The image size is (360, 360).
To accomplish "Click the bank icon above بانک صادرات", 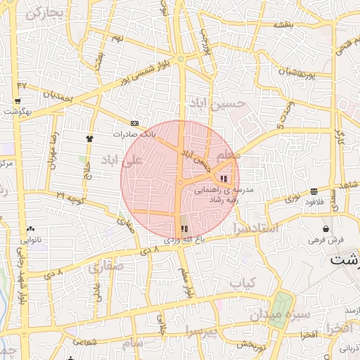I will (135, 123).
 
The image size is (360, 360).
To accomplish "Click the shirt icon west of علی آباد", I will (89, 139).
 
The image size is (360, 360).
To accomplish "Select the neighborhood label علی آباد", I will (122, 161).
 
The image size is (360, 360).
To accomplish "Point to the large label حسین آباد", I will (219, 105).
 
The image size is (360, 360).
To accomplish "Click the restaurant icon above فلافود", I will (313, 191).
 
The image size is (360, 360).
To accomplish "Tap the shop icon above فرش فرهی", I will (326, 229).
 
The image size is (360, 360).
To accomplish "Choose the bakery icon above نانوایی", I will (30, 229).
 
